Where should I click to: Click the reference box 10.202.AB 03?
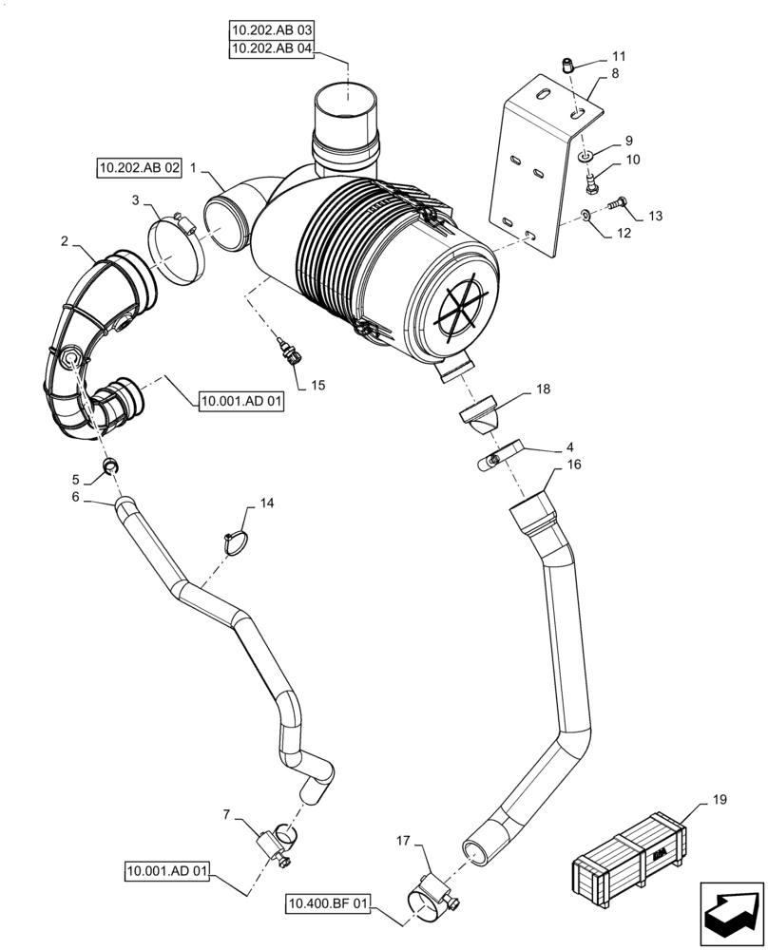271,31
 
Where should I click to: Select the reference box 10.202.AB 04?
271,49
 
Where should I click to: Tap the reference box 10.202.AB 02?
139,168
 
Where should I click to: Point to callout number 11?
620,56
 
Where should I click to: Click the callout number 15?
317,385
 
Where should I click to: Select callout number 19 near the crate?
719,800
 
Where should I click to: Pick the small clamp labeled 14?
235,541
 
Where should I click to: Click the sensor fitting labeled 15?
290,351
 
